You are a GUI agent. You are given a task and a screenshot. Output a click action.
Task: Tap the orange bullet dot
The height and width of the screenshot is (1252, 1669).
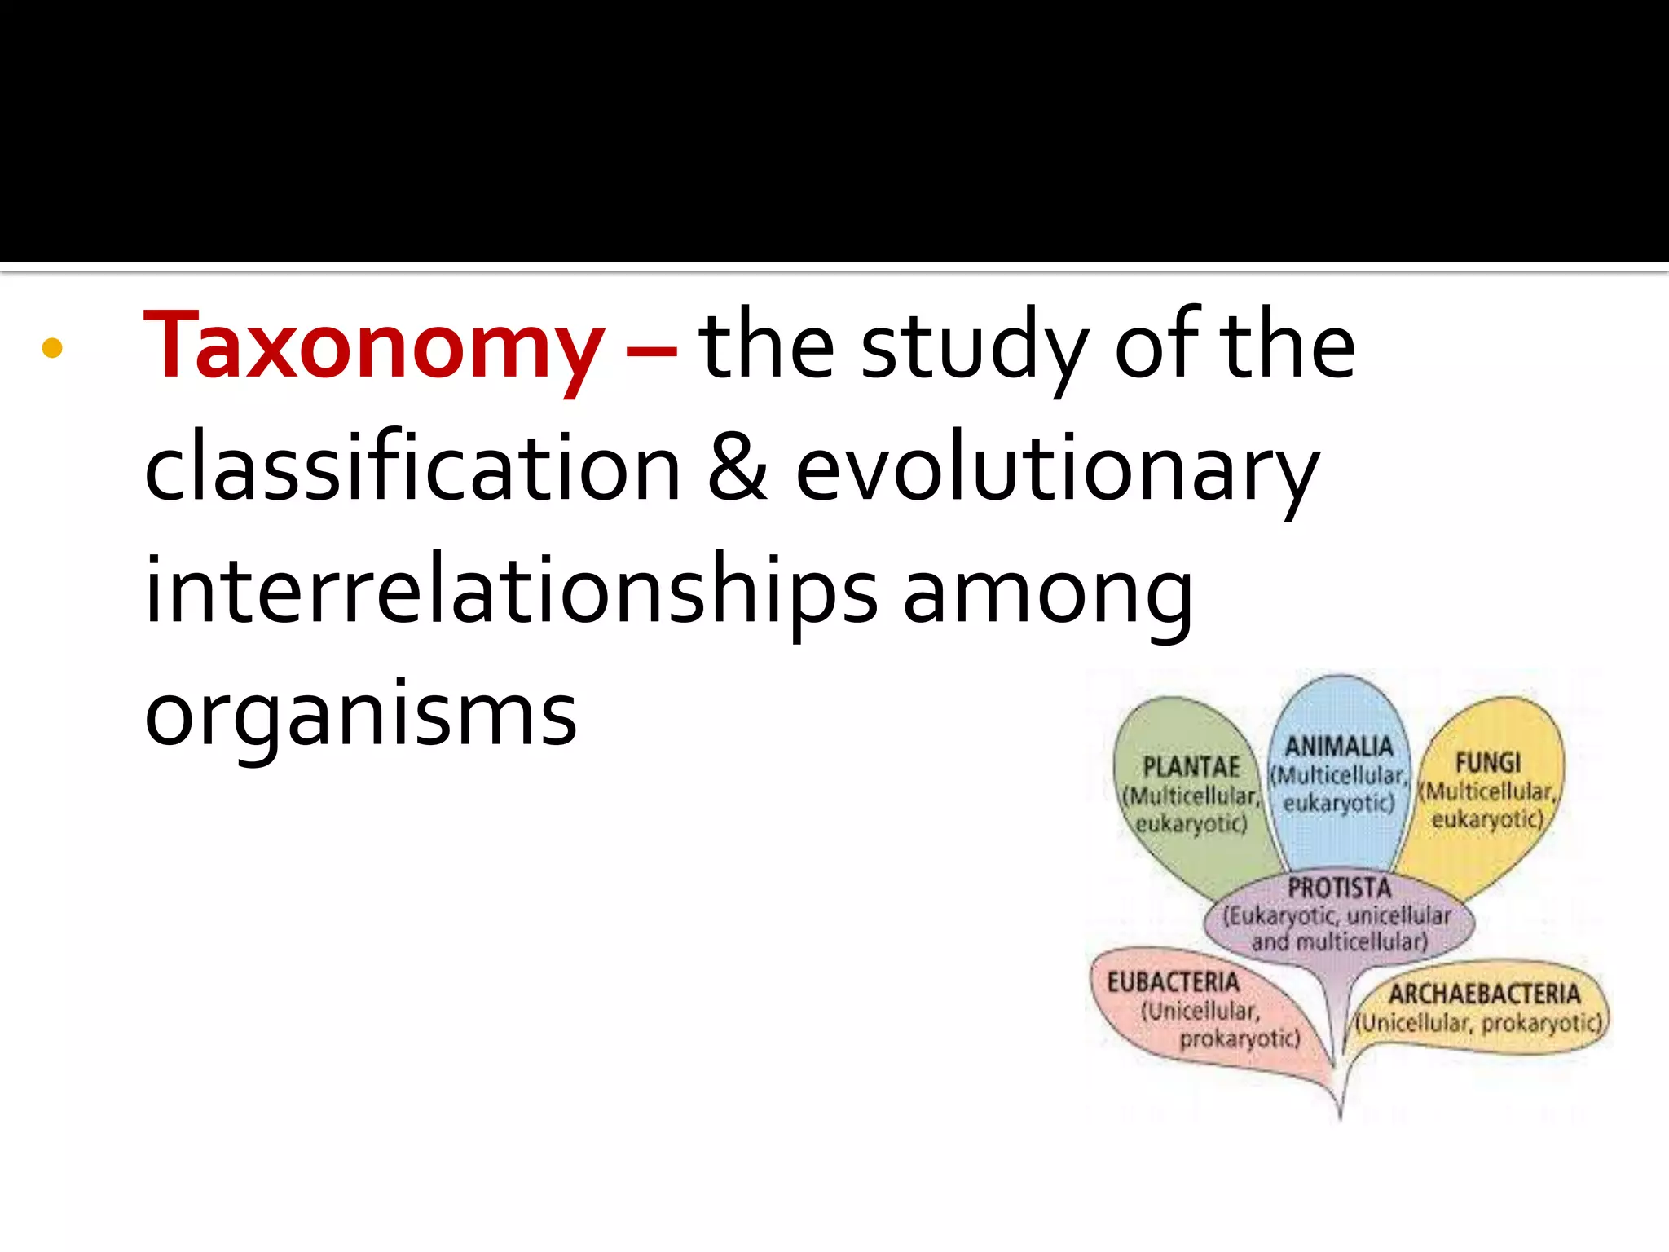pyautogui.click(x=52, y=349)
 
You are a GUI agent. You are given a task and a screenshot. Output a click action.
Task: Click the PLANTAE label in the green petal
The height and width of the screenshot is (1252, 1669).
pyautogui.click(x=1191, y=767)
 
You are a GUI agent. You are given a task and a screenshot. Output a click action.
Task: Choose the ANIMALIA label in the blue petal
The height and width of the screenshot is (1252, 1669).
pyautogui.click(x=1339, y=746)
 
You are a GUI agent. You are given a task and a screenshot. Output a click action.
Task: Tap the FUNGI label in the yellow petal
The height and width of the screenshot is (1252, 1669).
pyautogui.click(x=1488, y=763)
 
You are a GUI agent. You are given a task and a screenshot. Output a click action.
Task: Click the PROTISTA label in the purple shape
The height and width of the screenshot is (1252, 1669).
pyautogui.click(x=1339, y=887)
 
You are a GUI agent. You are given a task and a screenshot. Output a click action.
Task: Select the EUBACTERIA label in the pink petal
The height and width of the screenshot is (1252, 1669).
pyautogui.click(x=1173, y=982)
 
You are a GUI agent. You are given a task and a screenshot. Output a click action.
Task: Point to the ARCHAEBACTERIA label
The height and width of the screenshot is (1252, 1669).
pyautogui.click(x=1484, y=994)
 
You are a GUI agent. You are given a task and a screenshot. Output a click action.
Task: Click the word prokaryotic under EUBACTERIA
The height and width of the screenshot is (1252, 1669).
pyautogui.click(x=1240, y=1039)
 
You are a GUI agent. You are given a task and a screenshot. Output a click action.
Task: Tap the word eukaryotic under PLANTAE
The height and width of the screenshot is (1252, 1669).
pyautogui.click(x=1191, y=824)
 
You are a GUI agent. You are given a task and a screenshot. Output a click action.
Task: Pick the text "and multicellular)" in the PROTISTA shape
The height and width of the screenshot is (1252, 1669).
pyautogui.click(x=1340, y=942)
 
